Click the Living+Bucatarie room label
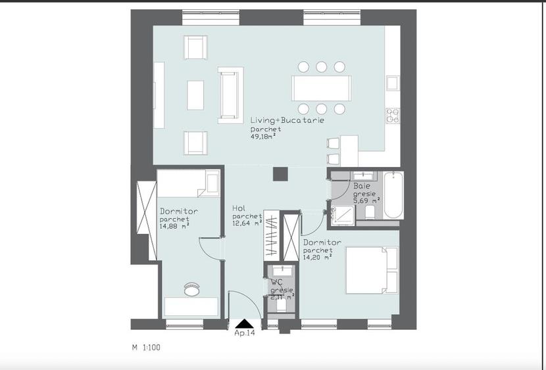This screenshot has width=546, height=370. pyautogui.click(x=287, y=121)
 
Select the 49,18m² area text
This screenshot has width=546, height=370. pyautogui.click(x=263, y=137)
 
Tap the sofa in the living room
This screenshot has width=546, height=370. pyautogui.click(x=230, y=95)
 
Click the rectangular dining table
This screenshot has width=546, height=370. pyautogui.click(x=321, y=87)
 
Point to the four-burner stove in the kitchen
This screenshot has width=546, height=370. pyautogui.click(x=393, y=116)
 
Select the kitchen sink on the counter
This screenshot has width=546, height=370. pyautogui.click(x=393, y=83)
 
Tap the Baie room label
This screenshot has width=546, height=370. pyautogui.click(x=362, y=187)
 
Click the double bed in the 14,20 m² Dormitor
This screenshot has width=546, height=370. pyautogui.click(x=372, y=269)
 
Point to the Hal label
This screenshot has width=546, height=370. pyautogui.click(x=239, y=208)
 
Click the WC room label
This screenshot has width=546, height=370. pyautogui.click(x=277, y=282)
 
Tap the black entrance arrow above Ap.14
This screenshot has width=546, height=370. pyautogui.click(x=245, y=323)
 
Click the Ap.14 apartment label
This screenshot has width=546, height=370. pyautogui.click(x=245, y=333)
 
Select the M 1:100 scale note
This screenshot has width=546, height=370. pyautogui.click(x=145, y=346)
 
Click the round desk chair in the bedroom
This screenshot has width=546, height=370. pyautogui.click(x=191, y=289)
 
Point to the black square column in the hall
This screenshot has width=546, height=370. pyautogui.click(x=280, y=173)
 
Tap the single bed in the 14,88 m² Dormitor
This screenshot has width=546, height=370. pyautogui.click(x=188, y=183)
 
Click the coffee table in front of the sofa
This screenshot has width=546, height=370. pyautogui.click(x=195, y=95)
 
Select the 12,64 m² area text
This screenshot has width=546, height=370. pyautogui.click(x=247, y=222)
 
